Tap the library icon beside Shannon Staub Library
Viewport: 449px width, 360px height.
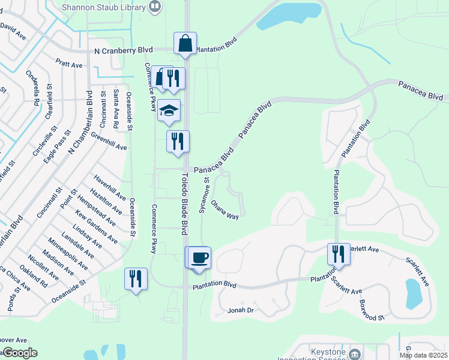point(155,7)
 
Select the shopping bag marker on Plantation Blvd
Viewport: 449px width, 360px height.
point(185,44)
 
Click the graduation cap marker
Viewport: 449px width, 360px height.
point(169,110)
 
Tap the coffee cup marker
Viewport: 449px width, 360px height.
point(199,258)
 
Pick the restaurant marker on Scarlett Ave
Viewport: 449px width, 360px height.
point(339,254)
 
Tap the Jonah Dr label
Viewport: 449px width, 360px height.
point(241,310)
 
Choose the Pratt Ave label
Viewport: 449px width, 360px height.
point(68,63)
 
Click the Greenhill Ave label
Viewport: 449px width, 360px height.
point(109,142)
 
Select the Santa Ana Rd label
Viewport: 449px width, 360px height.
point(116,110)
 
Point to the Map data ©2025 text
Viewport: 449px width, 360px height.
point(423,355)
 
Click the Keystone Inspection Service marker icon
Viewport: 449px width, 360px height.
point(355,354)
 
